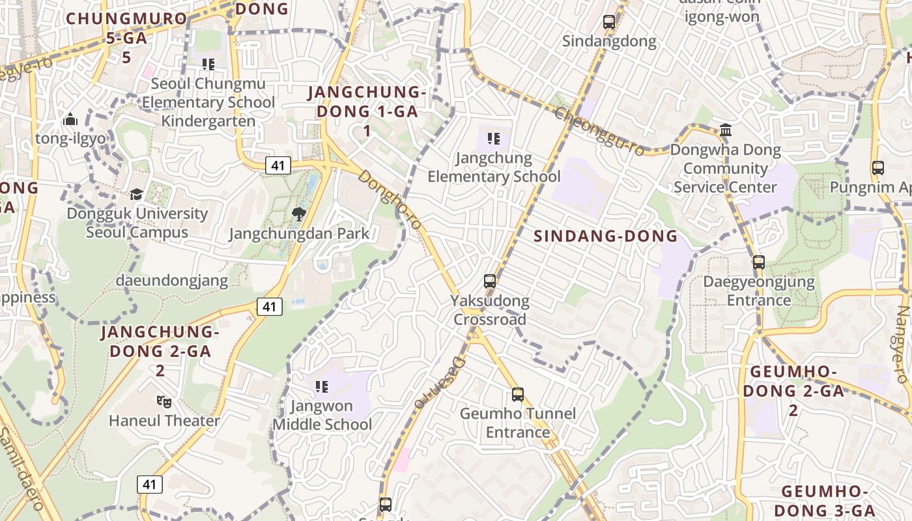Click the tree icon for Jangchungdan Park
click(299, 214)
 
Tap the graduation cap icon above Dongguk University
click(136, 194)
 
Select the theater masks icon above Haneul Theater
click(164, 402)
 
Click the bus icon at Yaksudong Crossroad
click(490, 281)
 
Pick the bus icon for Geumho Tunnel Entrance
click(518, 395)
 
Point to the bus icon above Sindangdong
click(609, 22)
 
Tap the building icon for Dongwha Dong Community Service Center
click(726, 130)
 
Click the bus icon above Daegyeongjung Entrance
click(759, 262)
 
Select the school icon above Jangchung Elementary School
click(494, 139)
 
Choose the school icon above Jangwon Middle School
click(322, 387)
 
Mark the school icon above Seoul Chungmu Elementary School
click(208, 64)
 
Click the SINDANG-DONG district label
click(606, 236)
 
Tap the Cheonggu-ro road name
click(599, 132)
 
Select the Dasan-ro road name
click(440, 383)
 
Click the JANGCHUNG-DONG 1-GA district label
click(367, 111)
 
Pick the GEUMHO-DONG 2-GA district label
click(793, 391)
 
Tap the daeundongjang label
click(172, 281)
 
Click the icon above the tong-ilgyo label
click(70, 119)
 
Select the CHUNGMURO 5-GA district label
click(126, 37)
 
